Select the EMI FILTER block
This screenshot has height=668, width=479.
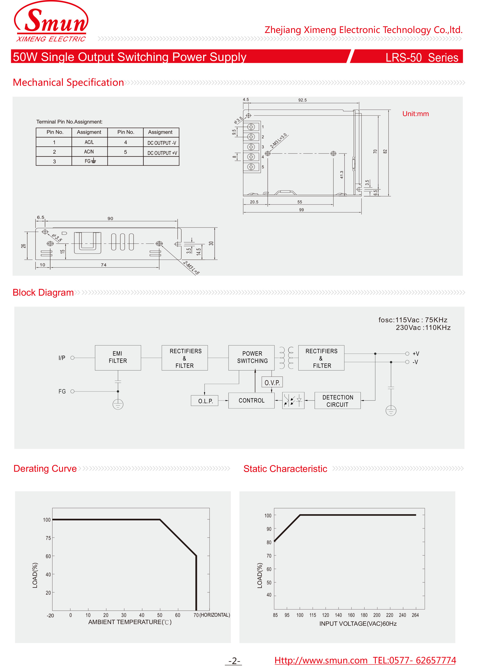[x=118, y=357]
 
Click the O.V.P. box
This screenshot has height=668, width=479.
[x=272, y=382]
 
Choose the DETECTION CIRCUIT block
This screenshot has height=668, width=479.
[x=337, y=401]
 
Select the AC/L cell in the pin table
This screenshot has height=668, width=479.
[x=89, y=142]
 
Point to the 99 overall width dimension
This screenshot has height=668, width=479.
[x=301, y=210]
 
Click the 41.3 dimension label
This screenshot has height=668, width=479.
[x=341, y=175]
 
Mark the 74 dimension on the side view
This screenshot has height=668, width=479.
[x=103, y=265]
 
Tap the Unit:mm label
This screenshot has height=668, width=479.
[x=415, y=114]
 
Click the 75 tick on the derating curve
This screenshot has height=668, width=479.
[x=48, y=538]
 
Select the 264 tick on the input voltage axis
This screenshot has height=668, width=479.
[x=415, y=615]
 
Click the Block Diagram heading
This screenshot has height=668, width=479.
[x=43, y=293]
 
